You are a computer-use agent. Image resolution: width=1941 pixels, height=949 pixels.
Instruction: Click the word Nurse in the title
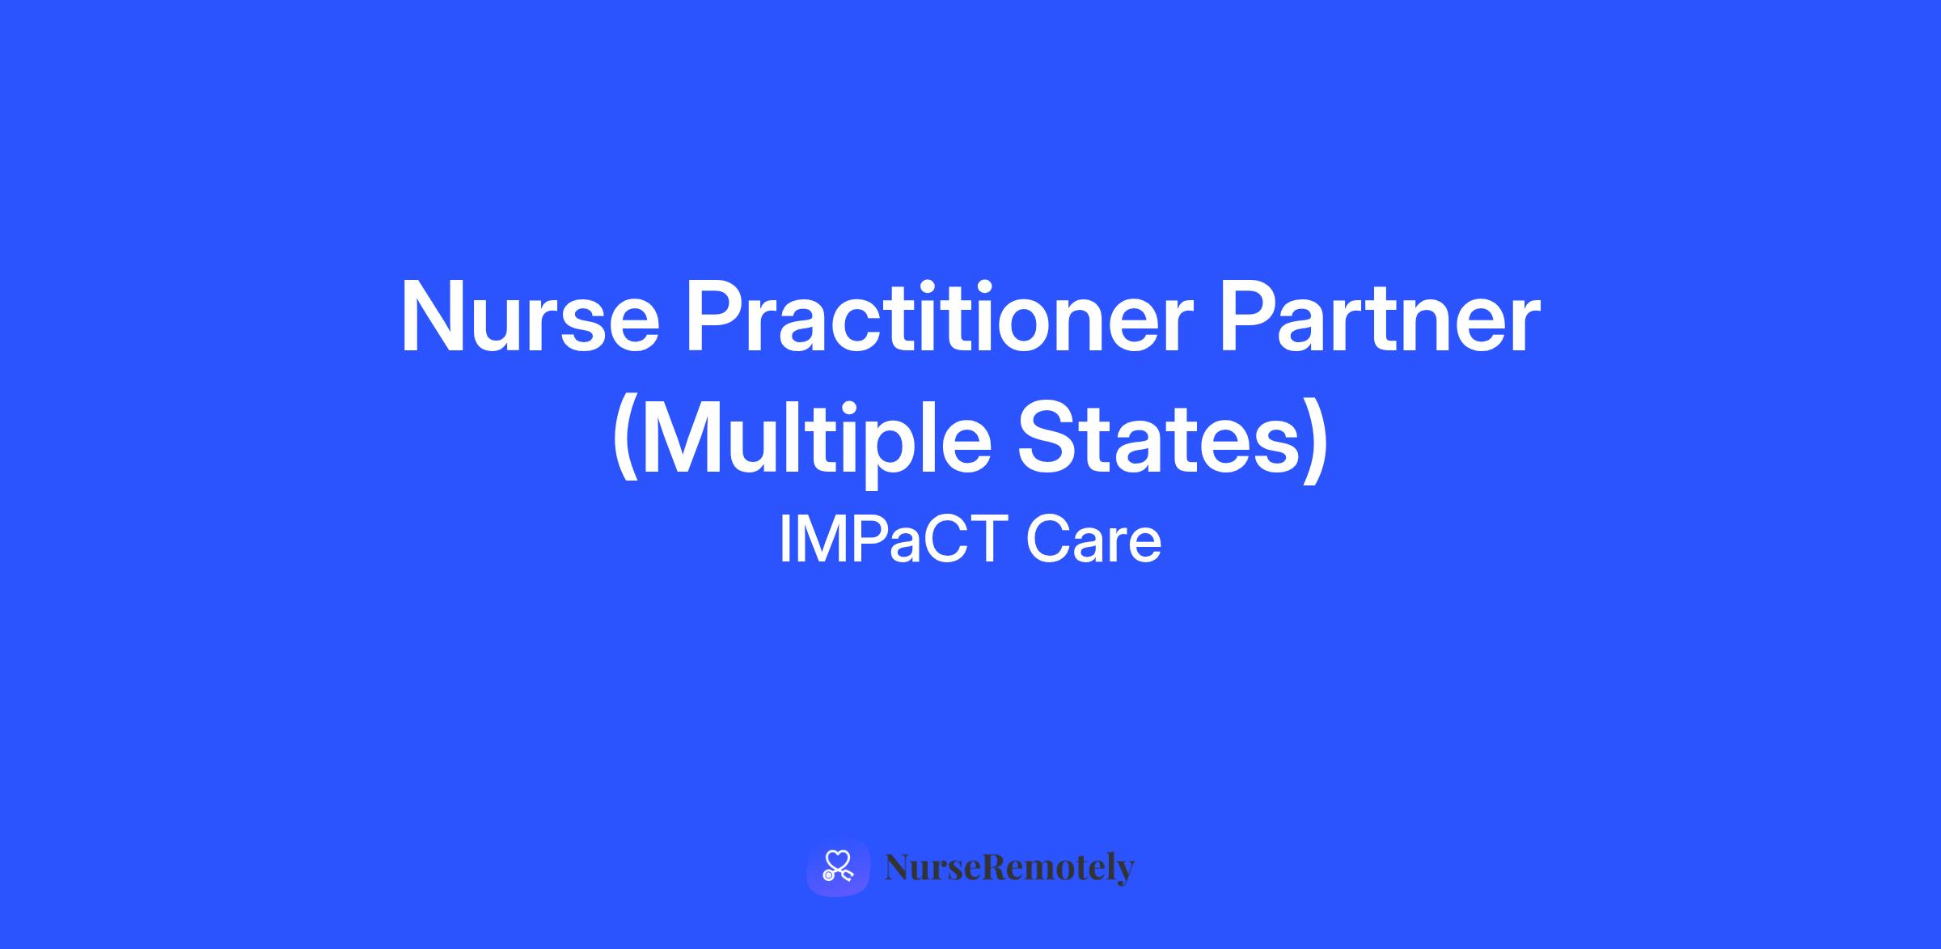(x=530, y=317)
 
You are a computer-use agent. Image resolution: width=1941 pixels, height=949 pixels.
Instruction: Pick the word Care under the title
(x=1093, y=540)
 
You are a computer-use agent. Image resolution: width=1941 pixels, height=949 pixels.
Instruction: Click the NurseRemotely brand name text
(x=1009, y=868)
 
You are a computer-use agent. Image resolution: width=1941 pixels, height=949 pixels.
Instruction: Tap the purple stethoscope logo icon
(x=838, y=867)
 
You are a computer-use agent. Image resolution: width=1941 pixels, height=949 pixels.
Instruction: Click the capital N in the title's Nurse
(x=433, y=317)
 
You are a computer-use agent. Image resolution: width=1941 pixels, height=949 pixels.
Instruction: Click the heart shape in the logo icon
(x=838, y=858)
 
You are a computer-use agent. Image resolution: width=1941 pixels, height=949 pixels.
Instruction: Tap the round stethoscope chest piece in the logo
(x=828, y=875)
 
